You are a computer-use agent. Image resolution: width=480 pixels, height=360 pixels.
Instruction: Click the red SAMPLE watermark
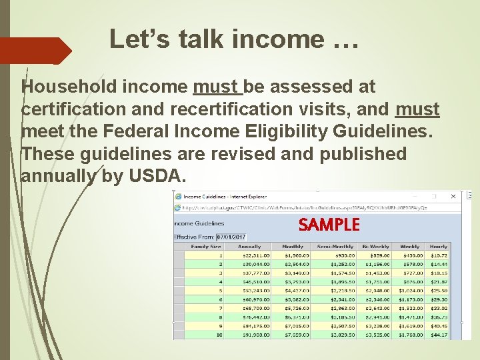pyautogui.click(x=329, y=225)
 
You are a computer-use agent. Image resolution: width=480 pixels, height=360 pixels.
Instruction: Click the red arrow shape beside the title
pyautogui.click(x=37, y=51)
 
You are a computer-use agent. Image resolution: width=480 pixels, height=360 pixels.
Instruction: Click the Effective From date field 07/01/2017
pyautogui.click(x=231, y=237)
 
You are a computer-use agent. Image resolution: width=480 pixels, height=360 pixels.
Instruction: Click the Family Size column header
pyautogui.click(x=205, y=246)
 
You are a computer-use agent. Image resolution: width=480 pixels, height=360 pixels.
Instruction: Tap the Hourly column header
pyautogui.click(x=438, y=246)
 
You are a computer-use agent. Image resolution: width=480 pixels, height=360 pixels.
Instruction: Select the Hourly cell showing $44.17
pyautogui.click(x=438, y=335)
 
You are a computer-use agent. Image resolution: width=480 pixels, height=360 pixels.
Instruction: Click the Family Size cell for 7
pyautogui.click(x=219, y=309)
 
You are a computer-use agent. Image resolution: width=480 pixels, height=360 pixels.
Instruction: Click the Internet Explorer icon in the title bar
pyautogui.click(x=178, y=196)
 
